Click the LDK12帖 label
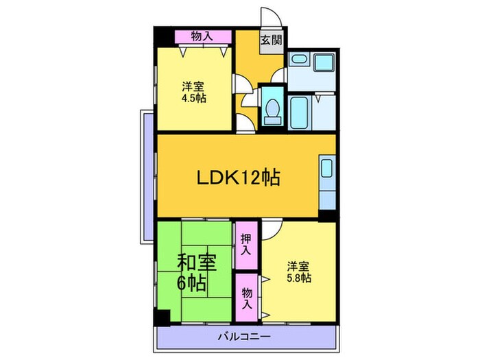point(238,178)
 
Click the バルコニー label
point(245,337)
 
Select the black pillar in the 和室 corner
point(163,318)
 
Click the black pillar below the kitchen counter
point(327,214)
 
